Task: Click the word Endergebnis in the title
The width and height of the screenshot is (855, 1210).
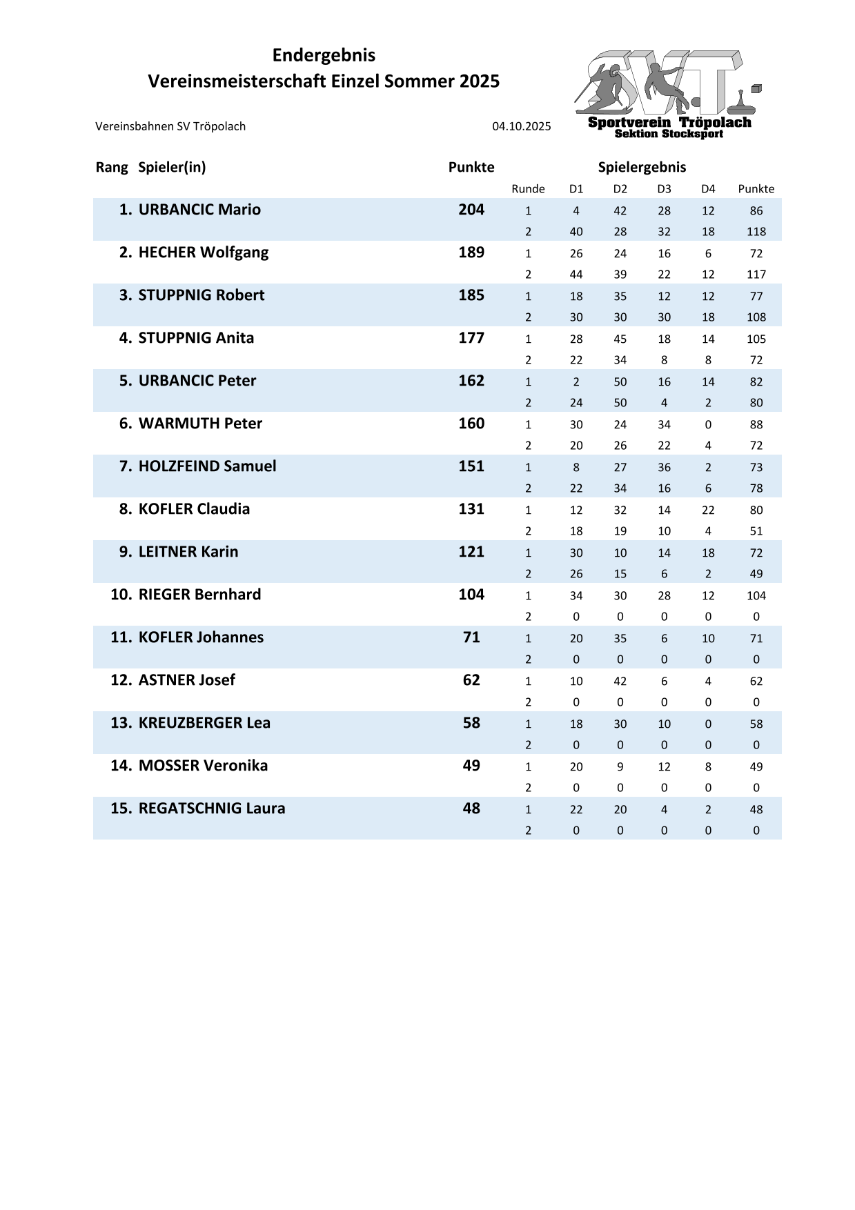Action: pos(324,55)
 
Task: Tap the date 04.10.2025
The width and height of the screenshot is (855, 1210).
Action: pos(521,126)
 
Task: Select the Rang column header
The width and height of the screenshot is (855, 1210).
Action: pos(112,167)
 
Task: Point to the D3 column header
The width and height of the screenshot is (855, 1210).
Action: pos(664,189)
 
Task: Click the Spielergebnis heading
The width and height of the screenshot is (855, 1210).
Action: pos(642,167)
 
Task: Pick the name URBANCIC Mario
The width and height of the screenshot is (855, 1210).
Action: pos(199,210)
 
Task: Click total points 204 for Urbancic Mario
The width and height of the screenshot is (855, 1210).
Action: pos(471,210)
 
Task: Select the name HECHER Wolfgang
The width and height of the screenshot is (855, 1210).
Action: pos(204,252)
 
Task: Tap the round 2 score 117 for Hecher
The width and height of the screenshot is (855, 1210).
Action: pos(756,275)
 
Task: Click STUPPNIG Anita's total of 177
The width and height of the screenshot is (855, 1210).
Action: pos(471,338)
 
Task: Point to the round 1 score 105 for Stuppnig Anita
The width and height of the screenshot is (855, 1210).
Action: pos(756,339)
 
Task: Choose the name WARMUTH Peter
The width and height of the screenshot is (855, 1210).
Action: pos(200,424)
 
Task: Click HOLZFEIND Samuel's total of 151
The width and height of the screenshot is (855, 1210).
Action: pos(471,466)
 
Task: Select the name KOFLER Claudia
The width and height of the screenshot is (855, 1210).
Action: pos(194,509)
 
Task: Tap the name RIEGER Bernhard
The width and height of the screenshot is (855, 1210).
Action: pos(199,595)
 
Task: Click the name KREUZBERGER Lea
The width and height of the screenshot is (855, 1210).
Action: pos(204,723)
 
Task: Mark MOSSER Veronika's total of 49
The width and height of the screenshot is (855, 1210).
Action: pos(471,766)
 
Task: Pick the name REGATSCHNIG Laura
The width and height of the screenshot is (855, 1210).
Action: pos(212,809)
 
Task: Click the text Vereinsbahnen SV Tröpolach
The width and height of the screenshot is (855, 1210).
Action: pos(170,126)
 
